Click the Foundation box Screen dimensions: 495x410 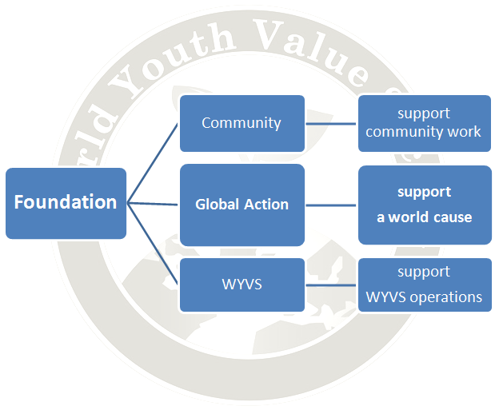tap(66, 203)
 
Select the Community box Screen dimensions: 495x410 tap(242, 123)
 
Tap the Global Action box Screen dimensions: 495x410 tap(242, 205)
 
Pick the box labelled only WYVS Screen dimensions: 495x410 tap(242, 285)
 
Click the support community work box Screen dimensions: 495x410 tap(425, 123)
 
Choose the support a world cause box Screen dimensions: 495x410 tap(425, 205)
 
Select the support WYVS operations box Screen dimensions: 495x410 tap(425, 285)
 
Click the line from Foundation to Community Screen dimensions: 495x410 tap(153, 164)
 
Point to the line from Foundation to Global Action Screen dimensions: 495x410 tap(153, 204)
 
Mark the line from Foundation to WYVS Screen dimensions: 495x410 tap(153, 244)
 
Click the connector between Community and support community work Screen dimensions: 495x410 tap(331, 124)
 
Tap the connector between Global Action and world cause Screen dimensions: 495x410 tap(331, 205)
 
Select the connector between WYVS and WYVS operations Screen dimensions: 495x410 tap(331, 285)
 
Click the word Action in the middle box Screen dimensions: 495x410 tap(266, 205)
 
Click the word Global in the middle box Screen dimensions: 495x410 tap(218, 205)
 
